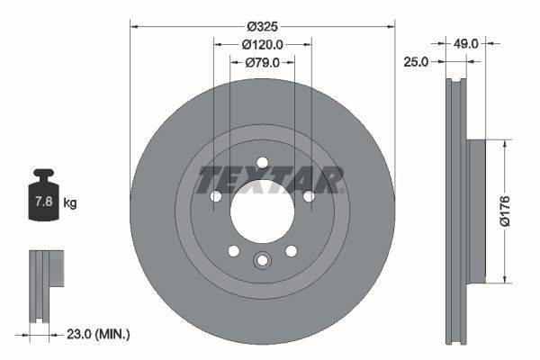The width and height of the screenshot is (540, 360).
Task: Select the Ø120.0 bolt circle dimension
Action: [x=263, y=44]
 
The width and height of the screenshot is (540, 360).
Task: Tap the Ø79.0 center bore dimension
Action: [x=263, y=63]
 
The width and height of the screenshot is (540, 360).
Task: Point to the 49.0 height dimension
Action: [x=466, y=43]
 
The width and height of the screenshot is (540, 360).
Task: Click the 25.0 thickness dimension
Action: [x=416, y=62]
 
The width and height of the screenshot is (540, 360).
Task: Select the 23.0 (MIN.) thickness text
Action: [x=99, y=334]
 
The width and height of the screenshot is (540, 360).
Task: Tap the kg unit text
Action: [x=70, y=203]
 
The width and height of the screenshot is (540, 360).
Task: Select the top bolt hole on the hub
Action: [x=262, y=163]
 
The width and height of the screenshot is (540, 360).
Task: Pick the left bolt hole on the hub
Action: [x=216, y=196]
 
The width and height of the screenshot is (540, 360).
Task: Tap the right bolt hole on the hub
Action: [x=309, y=196]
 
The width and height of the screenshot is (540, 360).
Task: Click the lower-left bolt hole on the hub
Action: [x=233, y=251]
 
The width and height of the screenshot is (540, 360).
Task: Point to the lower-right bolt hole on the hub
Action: [x=291, y=251]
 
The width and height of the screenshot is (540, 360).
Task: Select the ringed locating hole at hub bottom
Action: [x=262, y=261]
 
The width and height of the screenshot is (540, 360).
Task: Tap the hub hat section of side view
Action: [x=477, y=209]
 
